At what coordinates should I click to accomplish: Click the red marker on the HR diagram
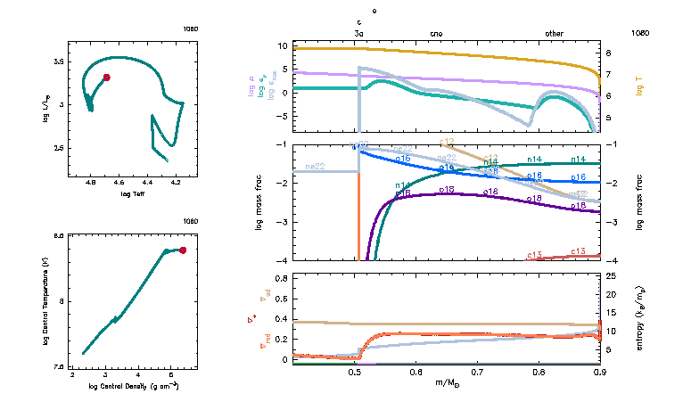106,78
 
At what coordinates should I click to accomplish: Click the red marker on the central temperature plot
183,250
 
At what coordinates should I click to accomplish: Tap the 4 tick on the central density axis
138,375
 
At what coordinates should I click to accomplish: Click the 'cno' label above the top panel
436,33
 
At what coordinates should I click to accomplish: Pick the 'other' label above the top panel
554,33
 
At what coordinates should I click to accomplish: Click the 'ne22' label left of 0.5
314,167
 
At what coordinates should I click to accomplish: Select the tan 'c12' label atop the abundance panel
448,142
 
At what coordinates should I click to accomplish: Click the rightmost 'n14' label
578,160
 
